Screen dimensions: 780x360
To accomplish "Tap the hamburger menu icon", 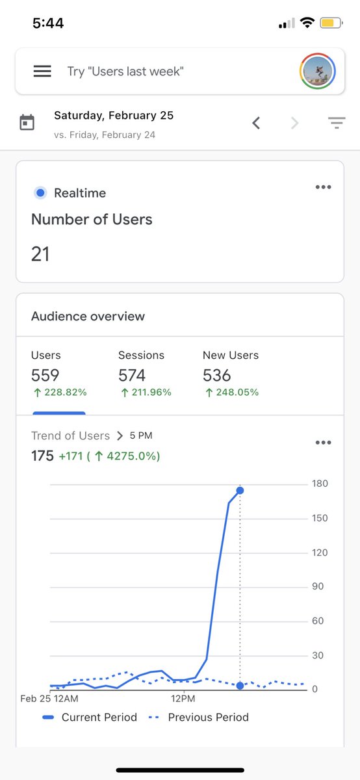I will (42, 71).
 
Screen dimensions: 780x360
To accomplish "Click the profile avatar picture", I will (318, 71).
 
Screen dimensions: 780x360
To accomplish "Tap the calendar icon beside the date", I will (27, 122).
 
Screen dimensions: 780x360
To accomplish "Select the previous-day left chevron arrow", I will (256, 122).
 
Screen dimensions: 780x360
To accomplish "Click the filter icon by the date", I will (336, 122).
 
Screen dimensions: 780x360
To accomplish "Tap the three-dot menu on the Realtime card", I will (323, 187).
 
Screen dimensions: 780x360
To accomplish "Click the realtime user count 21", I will (40, 254).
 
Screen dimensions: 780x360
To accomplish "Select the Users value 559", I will (45, 375).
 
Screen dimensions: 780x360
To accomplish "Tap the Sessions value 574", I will (132, 375).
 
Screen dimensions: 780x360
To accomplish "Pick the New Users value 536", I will (217, 375).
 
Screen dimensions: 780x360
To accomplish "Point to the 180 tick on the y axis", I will (320, 484).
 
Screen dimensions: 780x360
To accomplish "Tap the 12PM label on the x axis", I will (183, 699).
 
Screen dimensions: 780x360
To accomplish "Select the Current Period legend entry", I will (90, 718).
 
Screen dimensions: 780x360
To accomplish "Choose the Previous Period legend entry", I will (199, 718).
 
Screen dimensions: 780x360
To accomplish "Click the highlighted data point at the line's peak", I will (240, 490).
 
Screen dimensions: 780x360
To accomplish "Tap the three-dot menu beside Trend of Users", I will (323, 443).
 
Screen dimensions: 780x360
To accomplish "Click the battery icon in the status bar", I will (328, 23).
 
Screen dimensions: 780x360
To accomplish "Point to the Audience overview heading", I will (88, 317).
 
